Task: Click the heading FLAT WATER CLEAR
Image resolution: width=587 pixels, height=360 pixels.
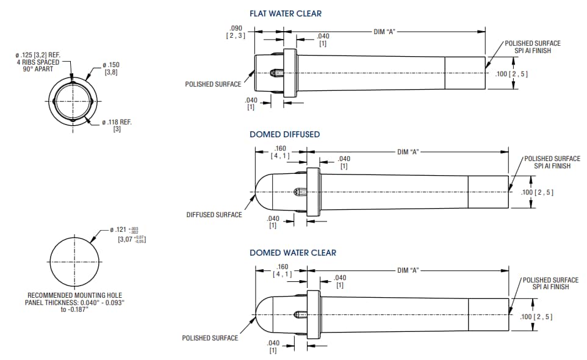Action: tap(285, 13)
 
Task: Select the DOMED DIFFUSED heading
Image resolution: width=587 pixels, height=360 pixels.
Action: tap(284, 134)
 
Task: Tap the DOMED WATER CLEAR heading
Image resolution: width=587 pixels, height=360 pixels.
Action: tap(292, 253)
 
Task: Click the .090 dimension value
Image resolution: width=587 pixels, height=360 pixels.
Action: tap(236, 29)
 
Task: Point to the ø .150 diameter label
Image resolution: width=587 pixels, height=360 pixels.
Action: tap(111, 65)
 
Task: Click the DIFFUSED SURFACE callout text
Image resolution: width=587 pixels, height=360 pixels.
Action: tap(214, 215)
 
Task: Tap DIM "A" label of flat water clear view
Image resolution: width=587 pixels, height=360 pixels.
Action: tap(385, 31)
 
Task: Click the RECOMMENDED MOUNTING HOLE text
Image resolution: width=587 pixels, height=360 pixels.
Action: tap(74, 295)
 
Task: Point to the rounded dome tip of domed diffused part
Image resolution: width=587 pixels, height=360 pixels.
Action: tap(259, 192)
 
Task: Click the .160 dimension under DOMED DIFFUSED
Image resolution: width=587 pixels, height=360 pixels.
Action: tap(281, 148)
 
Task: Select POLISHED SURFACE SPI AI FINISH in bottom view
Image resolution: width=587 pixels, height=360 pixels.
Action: tap(550, 283)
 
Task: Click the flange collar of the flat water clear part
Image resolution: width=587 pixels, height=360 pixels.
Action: tap(290, 73)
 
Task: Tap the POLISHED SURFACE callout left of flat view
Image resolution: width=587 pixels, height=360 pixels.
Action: tap(213, 84)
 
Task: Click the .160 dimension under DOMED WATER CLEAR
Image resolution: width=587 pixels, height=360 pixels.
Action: tap(283, 267)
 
